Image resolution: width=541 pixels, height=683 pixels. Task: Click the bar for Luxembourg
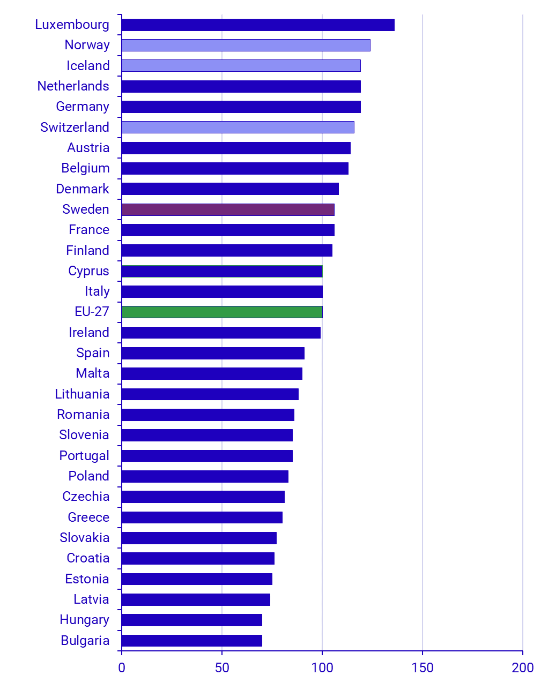(x=258, y=25)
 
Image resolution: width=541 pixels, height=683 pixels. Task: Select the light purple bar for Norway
(x=246, y=45)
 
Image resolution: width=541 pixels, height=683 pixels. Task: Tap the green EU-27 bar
(x=222, y=312)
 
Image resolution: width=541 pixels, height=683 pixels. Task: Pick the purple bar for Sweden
(x=228, y=209)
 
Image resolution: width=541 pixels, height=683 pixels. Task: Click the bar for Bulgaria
(x=192, y=641)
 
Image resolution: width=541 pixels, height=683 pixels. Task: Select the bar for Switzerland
(x=238, y=127)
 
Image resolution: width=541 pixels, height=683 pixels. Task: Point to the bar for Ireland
(x=221, y=333)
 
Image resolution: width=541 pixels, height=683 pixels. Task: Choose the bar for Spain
(x=213, y=353)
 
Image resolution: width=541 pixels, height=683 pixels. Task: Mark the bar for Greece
(x=202, y=517)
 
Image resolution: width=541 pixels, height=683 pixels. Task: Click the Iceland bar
(x=241, y=65)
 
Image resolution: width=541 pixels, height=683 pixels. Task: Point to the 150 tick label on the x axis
(x=423, y=667)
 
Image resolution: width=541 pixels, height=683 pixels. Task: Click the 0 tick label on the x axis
(x=122, y=667)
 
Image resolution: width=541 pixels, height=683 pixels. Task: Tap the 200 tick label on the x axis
(x=522, y=667)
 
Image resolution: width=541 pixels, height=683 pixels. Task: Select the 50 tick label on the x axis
(x=222, y=667)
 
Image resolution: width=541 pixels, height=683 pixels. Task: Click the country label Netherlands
(x=73, y=86)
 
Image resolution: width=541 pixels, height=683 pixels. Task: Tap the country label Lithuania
(x=82, y=394)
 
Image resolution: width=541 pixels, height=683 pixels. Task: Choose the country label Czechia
(x=86, y=497)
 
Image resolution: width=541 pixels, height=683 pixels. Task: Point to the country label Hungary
(x=84, y=620)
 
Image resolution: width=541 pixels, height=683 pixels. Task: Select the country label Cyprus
(x=88, y=271)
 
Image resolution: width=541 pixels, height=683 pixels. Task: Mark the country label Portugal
(x=84, y=456)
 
